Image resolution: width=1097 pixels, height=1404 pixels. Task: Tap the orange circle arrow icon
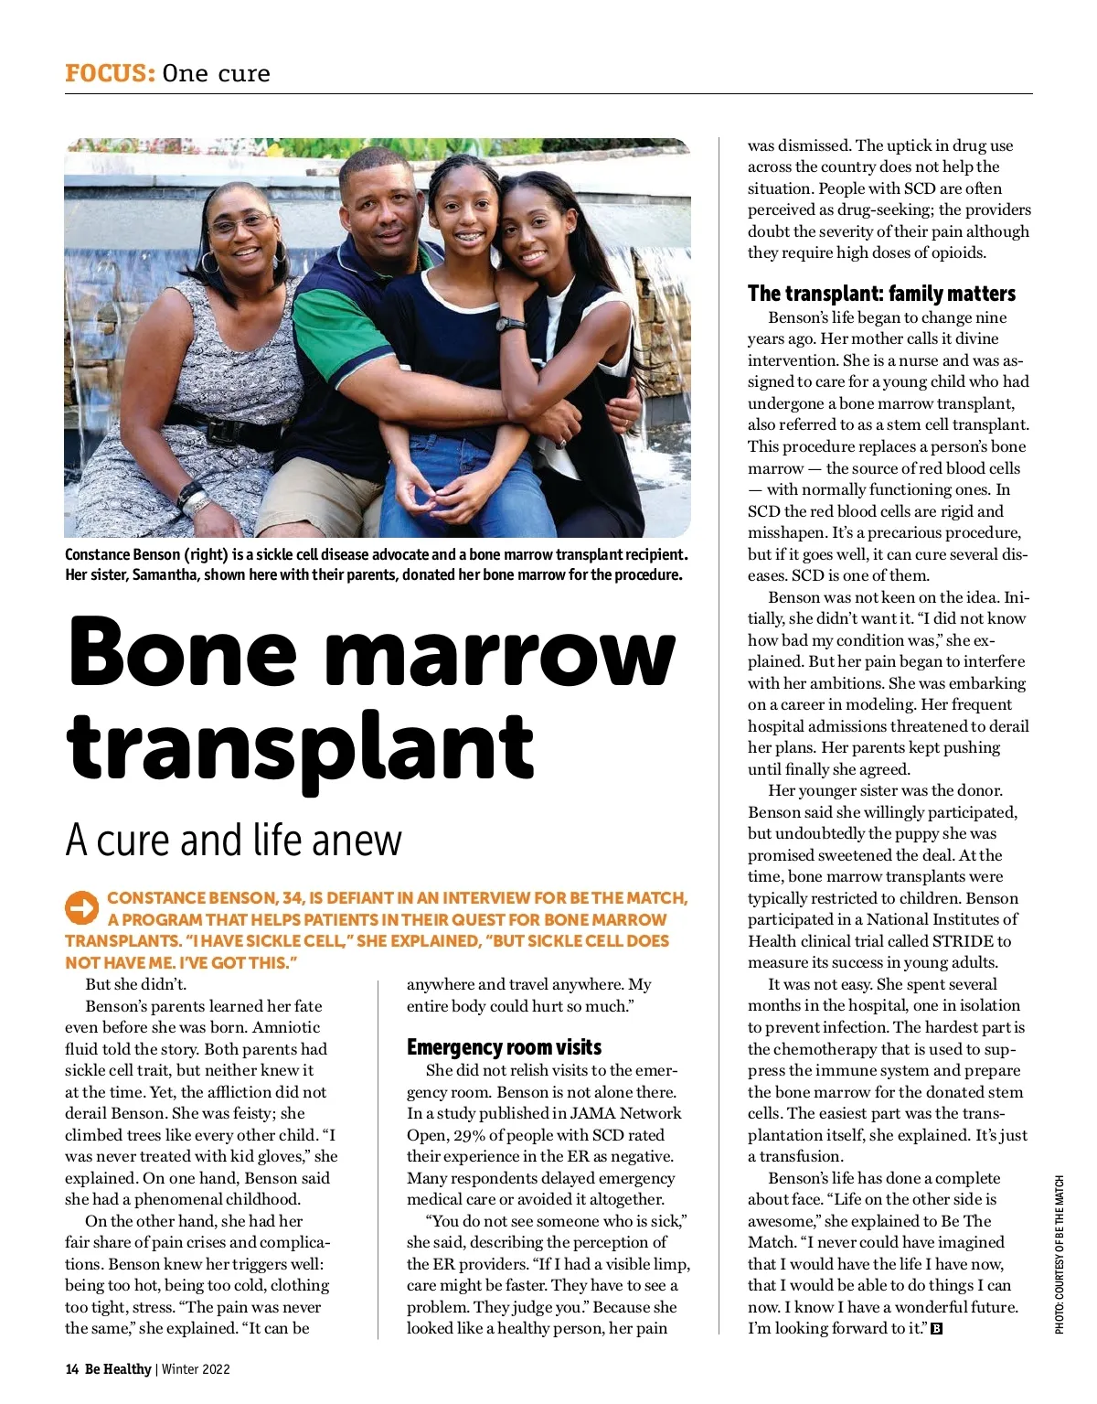81,907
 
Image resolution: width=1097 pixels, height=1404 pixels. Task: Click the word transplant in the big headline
300,747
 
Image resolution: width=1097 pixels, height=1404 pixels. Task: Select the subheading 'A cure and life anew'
233,840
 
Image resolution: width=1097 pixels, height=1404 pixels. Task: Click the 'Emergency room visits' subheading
504,1047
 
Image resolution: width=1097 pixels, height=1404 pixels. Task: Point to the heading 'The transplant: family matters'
881,294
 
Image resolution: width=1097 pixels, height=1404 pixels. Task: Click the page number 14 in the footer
71,1369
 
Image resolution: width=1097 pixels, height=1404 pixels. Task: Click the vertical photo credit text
1060,1253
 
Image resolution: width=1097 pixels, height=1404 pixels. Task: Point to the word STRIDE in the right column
964,941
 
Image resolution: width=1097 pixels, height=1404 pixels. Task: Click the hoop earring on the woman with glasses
210,263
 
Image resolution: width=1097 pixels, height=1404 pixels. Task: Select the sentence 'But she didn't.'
135,984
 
